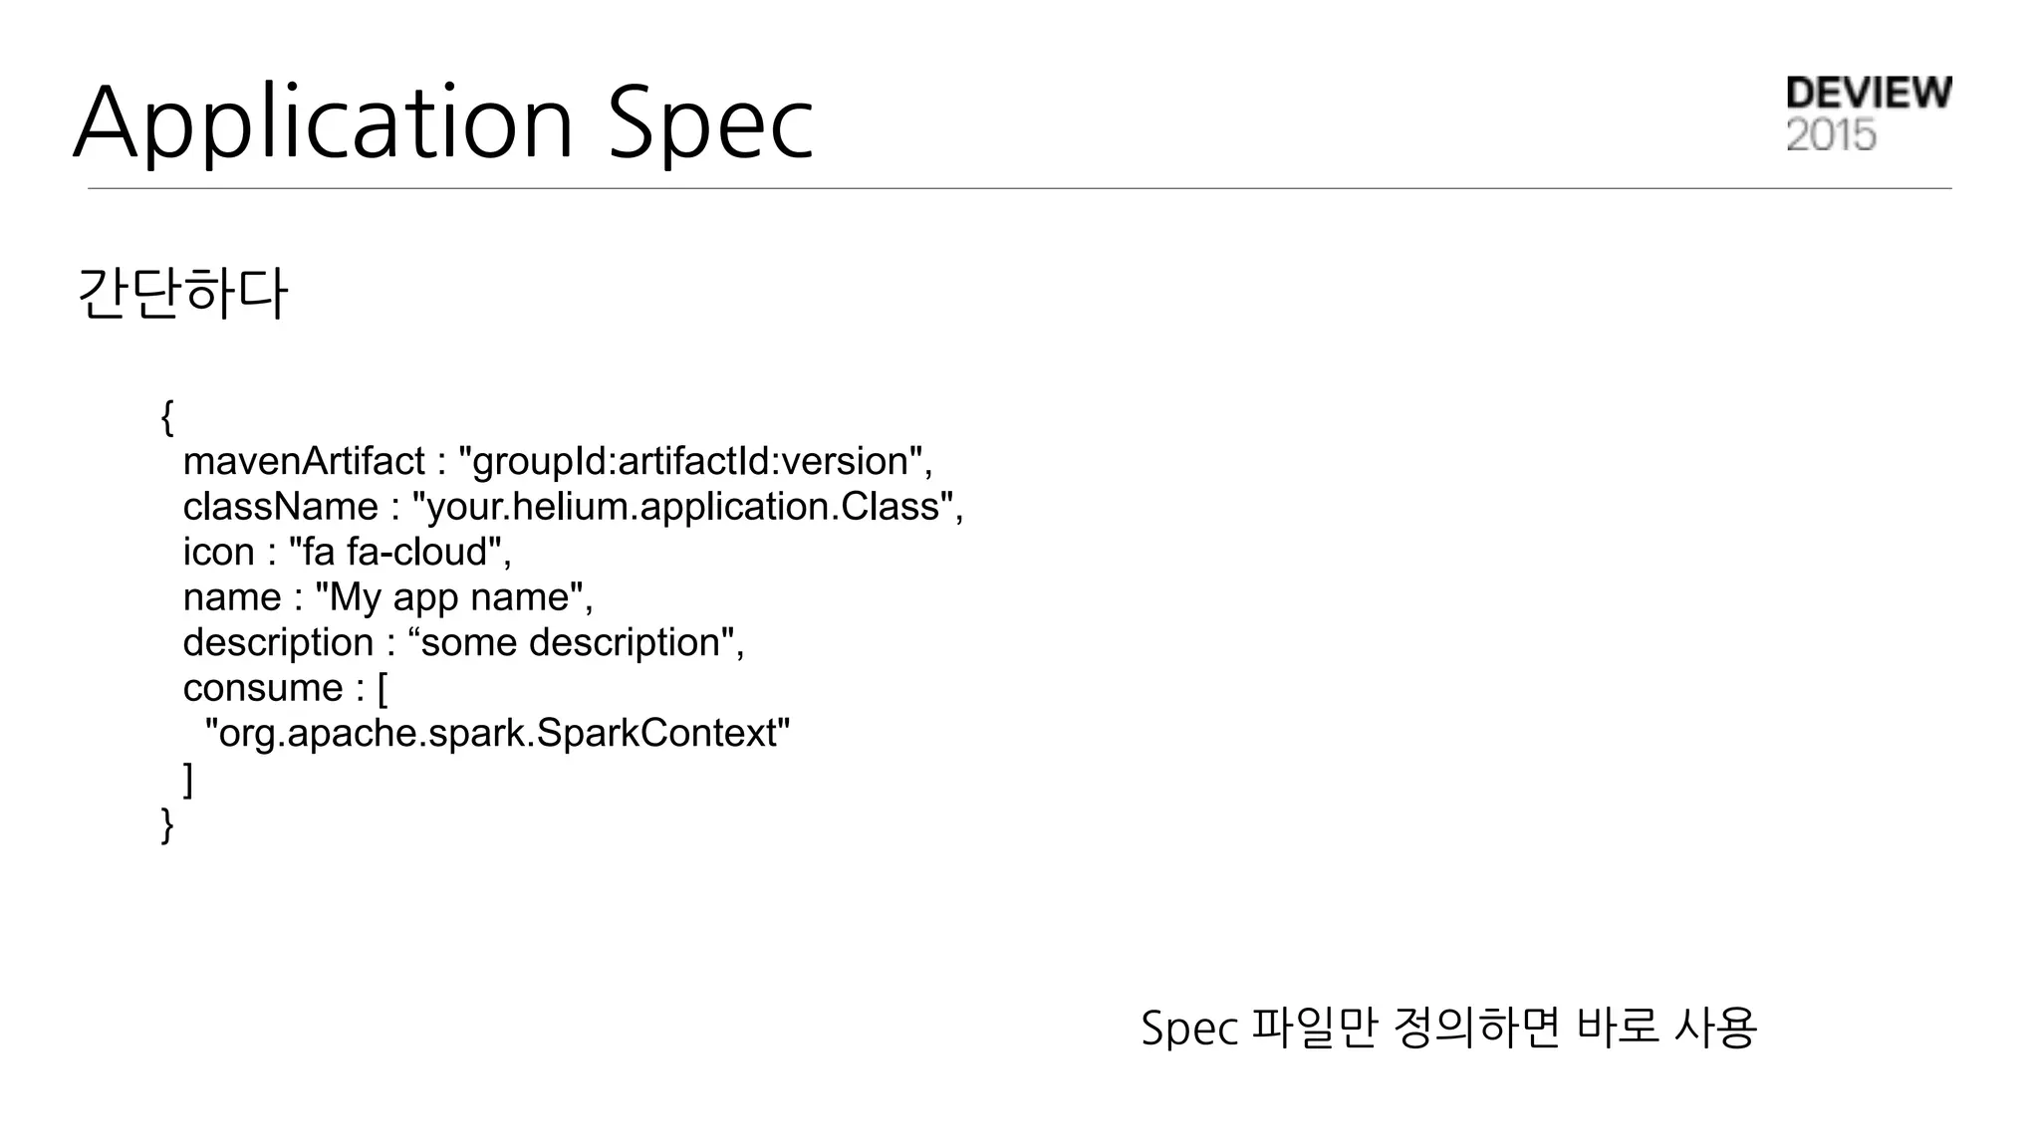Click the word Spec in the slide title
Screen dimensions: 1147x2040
pos(710,123)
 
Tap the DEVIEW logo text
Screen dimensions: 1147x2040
pos(1869,93)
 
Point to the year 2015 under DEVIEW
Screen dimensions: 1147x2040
pos(1831,134)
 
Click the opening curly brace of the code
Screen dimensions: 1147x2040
pos(167,416)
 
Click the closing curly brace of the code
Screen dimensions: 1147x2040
pos(167,824)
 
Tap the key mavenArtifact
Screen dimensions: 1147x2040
pos(304,461)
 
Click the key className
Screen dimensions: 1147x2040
pos(280,507)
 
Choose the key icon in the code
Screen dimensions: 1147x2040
pos(218,552)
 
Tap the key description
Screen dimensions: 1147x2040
pos(278,642)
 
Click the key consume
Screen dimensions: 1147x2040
pos(263,688)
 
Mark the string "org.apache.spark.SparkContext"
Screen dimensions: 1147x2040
pos(497,733)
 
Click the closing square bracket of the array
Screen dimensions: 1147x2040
pos(188,779)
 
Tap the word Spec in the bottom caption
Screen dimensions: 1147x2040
pos(1188,1028)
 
